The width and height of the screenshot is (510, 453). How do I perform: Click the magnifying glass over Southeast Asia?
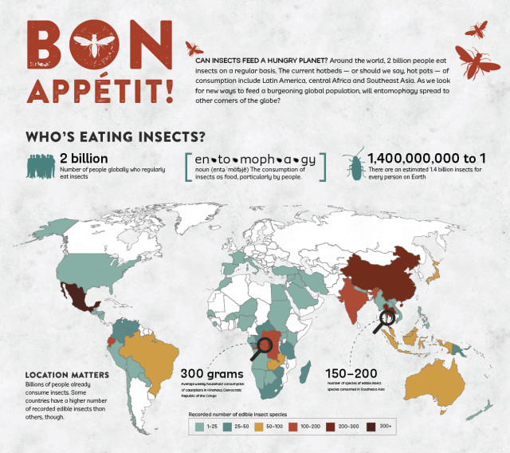pos(385,319)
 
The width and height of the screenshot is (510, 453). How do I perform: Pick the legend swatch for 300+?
pos(374,428)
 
